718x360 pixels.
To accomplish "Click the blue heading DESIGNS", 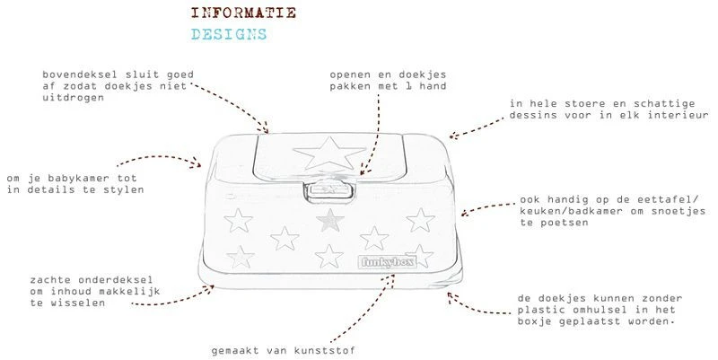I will click(229, 36).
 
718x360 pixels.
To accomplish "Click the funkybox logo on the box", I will click(378, 263).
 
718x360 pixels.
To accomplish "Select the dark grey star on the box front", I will click(332, 218).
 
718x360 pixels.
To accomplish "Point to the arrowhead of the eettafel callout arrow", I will click(466, 214).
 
